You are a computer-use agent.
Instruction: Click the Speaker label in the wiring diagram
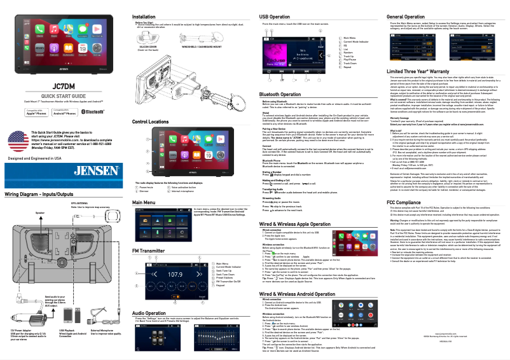coord(22,212)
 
